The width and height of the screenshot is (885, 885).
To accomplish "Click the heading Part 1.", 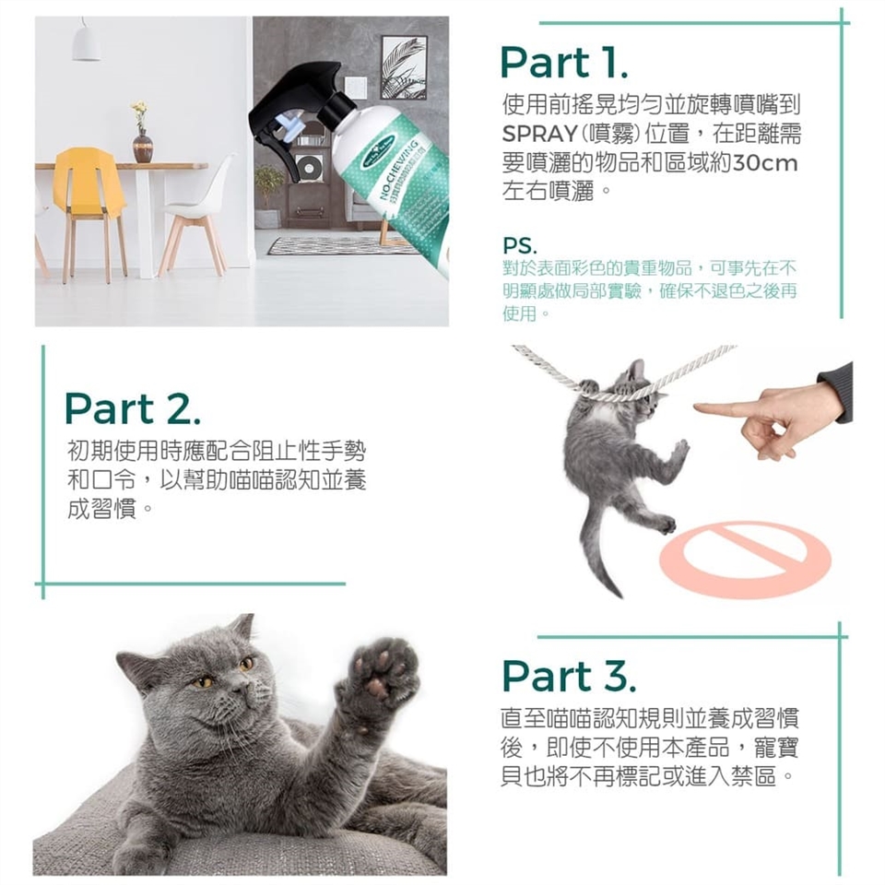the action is [x=563, y=63].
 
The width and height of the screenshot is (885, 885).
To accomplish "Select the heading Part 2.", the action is [x=132, y=408].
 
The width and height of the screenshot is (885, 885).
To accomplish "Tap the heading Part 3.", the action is [x=569, y=676].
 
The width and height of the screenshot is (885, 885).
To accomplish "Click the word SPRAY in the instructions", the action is [x=539, y=134].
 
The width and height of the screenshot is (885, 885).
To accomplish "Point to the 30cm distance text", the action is [x=765, y=163].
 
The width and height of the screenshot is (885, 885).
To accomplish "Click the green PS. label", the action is [x=520, y=246].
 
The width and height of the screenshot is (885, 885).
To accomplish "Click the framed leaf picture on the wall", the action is [x=404, y=67].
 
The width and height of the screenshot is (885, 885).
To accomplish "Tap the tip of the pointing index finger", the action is [x=695, y=407].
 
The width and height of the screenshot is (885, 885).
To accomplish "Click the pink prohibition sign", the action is [x=744, y=559].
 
